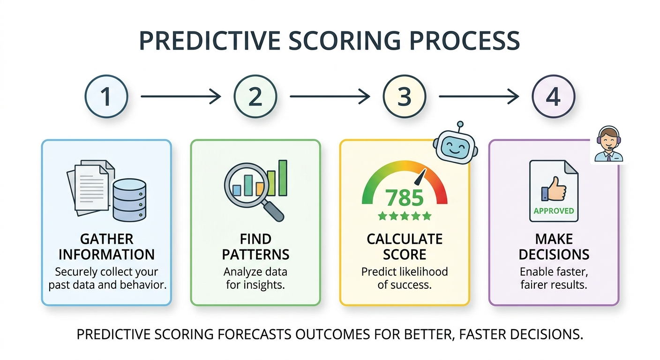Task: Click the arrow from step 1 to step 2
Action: (181, 97)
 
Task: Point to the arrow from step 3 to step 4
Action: (479, 97)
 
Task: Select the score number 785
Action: (405, 198)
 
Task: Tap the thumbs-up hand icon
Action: (554, 189)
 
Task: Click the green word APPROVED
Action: (554, 211)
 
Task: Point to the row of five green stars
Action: (405, 216)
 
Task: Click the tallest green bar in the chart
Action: (283, 178)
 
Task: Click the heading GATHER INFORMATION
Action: (106, 247)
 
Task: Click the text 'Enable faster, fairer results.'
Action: (554, 278)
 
